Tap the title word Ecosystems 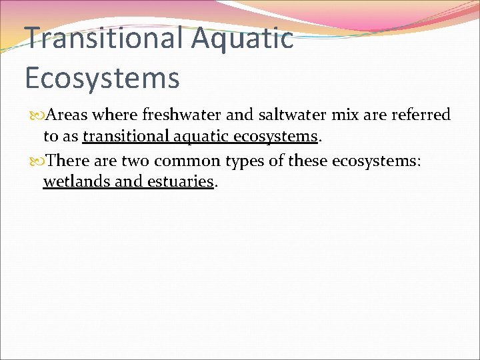pyautogui.click(x=102, y=77)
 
